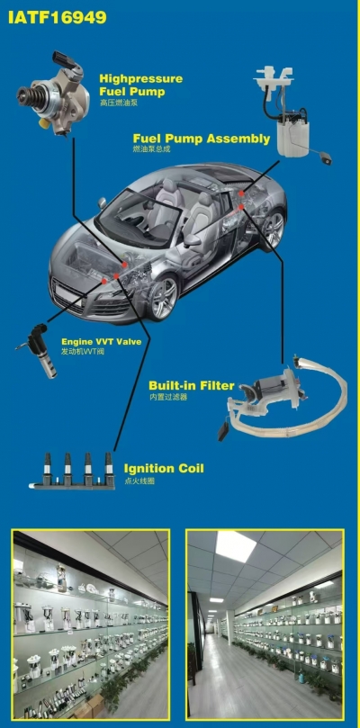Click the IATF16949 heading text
coord(57,17)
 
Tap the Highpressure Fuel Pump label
coord(140,85)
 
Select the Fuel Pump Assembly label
coord(201,139)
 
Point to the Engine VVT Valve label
coord(102,342)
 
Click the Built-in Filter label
coord(192,385)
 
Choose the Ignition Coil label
coord(164,468)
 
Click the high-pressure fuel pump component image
coord(53,93)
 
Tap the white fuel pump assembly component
coord(292,112)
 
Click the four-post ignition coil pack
coord(73,471)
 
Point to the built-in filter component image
coord(283,398)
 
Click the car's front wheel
coord(163,298)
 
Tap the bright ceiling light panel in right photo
coord(236,546)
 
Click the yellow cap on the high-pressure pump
coord(45,122)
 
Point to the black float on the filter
coord(223,432)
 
